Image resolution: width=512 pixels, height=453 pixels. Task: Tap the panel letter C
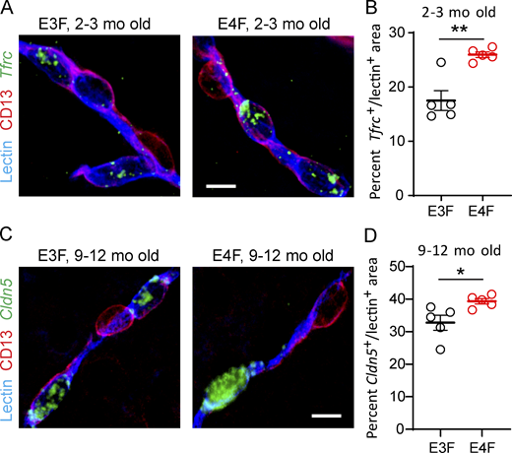8,236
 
